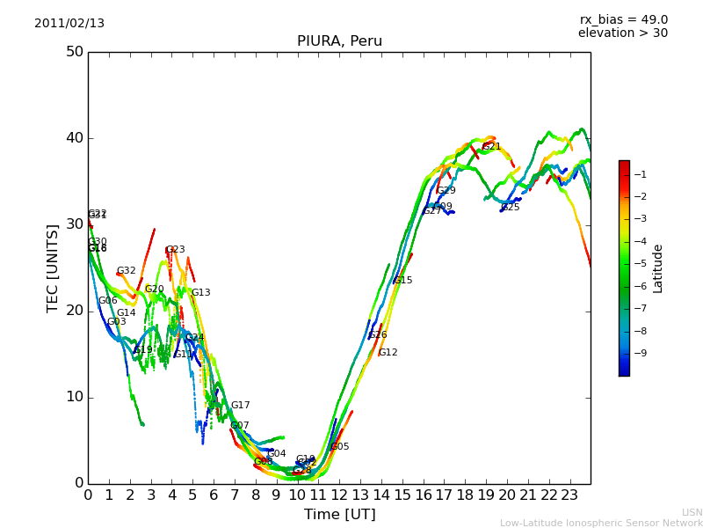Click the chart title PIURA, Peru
point(339,41)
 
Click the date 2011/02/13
point(69,24)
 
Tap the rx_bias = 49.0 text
point(623,19)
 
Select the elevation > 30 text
point(622,33)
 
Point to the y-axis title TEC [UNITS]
point(53,268)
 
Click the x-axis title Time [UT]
point(339,515)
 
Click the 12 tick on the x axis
point(339,495)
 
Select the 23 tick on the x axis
point(570,495)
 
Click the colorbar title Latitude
point(658,268)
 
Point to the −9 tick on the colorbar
point(641,354)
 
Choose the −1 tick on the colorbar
point(641,175)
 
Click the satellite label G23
point(175,250)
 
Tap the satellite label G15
point(402,281)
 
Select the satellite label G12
point(388,353)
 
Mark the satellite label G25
point(510,208)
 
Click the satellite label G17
point(240,406)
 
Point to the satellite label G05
point(339,447)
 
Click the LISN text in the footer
point(692,512)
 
